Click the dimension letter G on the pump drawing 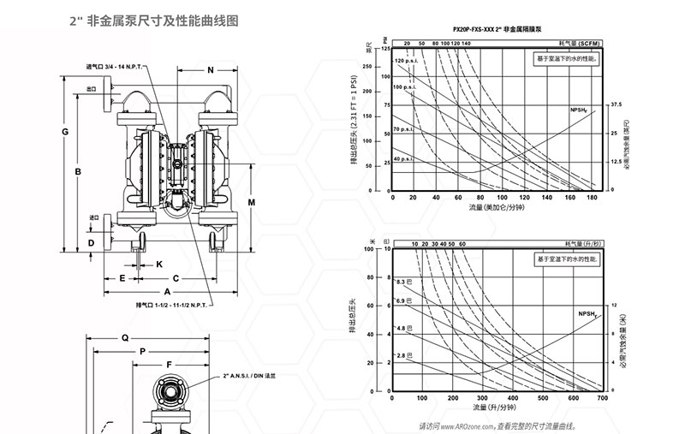[65, 131]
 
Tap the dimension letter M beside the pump [252, 201]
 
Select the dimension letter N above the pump [211, 69]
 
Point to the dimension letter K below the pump [159, 265]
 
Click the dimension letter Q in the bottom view [124, 337]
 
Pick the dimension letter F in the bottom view [170, 364]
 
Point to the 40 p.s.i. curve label [404, 159]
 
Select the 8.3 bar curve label [403, 282]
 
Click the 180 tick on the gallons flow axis [590, 199]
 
